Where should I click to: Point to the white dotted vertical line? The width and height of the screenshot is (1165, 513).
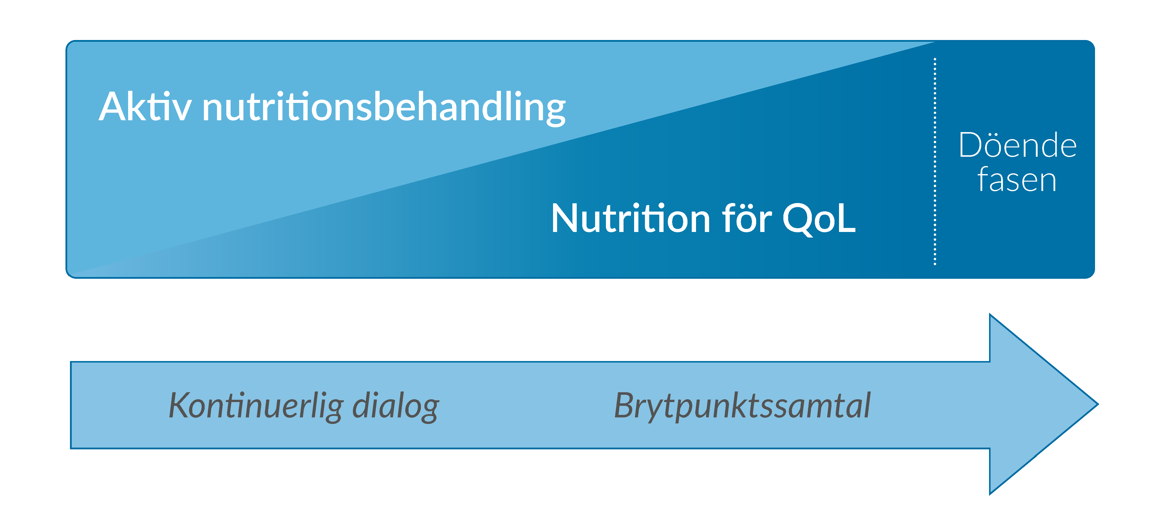[935, 161]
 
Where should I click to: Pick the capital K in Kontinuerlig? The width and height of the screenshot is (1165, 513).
[181, 405]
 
